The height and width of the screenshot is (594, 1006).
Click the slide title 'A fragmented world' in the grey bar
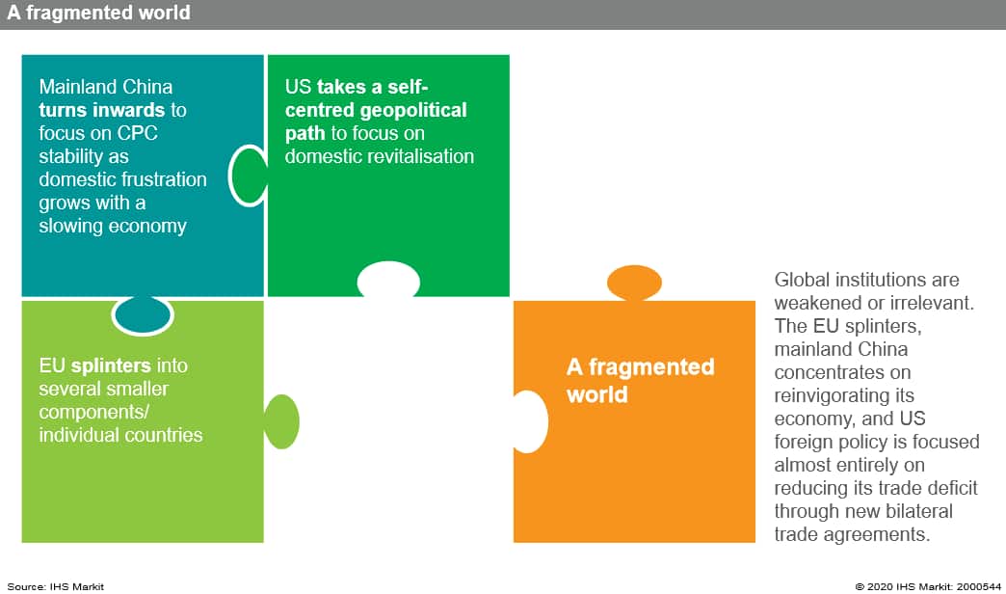98,13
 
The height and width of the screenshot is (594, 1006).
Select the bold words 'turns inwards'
102,110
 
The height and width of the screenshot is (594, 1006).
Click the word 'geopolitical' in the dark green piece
413,111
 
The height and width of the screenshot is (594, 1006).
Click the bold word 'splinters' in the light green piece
111,366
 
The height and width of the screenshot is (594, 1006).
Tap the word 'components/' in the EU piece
93,413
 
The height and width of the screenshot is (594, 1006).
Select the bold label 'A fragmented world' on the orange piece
640,380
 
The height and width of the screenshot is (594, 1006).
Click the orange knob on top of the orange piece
634,283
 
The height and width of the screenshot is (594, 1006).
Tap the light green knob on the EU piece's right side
281,422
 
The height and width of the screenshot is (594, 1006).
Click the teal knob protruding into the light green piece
143,315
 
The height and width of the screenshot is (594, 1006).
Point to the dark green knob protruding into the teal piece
249,175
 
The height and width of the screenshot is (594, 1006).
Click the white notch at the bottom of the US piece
388,280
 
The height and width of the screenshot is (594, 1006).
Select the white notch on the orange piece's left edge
531,422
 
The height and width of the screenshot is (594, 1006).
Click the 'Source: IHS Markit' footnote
55,586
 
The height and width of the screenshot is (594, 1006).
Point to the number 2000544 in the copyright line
978,586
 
